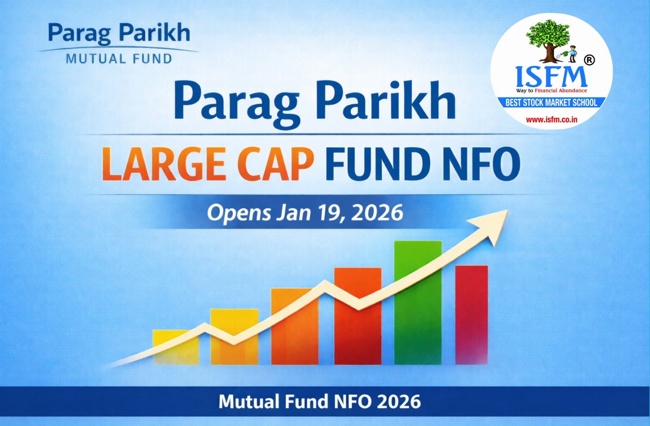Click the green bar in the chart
[418, 303]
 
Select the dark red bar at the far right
[471, 315]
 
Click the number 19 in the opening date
[329, 213]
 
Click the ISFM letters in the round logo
[551, 76]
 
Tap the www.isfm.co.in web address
[551, 120]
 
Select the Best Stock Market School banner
[551, 102]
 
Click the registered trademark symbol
[589, 60]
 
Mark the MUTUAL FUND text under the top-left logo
[119, 59]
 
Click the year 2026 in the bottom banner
[399, 402]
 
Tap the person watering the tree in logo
[572, 53]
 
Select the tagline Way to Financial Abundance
[551, 91]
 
